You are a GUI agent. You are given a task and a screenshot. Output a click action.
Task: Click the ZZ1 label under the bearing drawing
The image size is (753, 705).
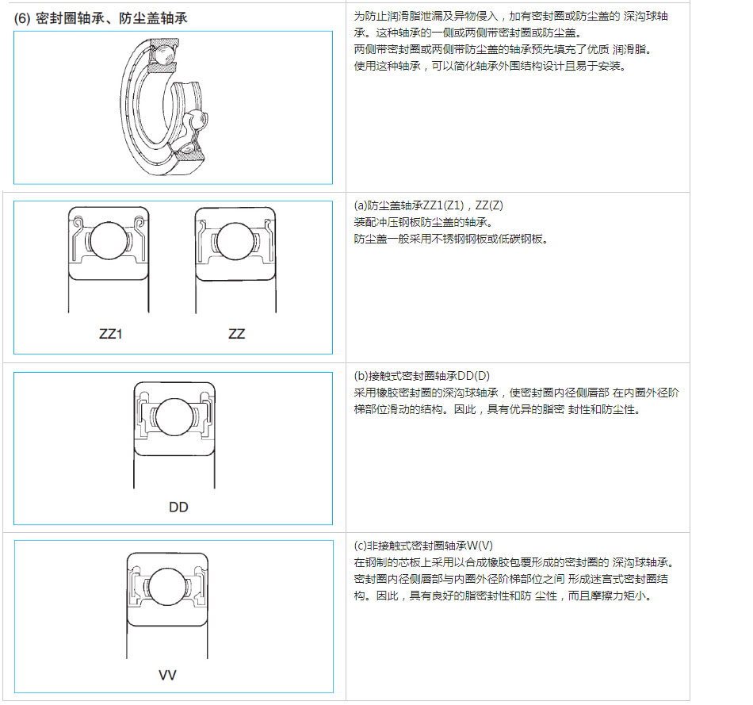coord(110,334)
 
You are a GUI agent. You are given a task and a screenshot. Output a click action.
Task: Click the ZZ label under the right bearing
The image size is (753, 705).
coord(236,334)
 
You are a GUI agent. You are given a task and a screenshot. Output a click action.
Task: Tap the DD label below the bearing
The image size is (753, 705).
coord(178,507)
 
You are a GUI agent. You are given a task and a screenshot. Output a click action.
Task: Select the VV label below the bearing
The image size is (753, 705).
coord(167,675)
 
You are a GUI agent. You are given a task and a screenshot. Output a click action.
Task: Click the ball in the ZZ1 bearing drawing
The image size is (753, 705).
coord(109,240)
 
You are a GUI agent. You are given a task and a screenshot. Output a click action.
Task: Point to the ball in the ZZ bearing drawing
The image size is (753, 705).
coord(235,241)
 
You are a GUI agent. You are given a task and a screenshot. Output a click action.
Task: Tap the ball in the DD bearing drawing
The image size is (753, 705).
coord(174,416)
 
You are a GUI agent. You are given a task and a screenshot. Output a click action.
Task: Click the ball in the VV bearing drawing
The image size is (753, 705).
coord(167,587)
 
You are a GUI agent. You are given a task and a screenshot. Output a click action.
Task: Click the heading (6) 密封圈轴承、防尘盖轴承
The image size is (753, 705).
coord(101,18)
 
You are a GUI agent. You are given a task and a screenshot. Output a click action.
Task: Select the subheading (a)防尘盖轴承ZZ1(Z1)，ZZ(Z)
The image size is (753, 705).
coord(428,205)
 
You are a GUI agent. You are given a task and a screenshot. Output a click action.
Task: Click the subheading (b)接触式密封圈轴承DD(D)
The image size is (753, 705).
coord(422,376)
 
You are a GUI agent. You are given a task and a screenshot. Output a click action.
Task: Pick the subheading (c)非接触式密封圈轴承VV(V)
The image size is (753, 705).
coord(423,546)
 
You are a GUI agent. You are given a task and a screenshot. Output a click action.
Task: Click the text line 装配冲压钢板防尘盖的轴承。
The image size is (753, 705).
coord(423,223)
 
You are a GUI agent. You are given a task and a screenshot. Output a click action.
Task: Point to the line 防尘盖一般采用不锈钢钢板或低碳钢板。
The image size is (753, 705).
coord(451,239)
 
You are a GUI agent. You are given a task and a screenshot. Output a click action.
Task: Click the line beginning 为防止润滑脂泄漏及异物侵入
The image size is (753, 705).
coord(511,17)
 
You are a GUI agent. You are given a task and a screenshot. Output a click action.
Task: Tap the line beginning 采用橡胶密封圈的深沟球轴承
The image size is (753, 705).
coord(516,393)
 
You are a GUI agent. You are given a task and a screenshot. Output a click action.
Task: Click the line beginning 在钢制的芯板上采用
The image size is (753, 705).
coord(514,562)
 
